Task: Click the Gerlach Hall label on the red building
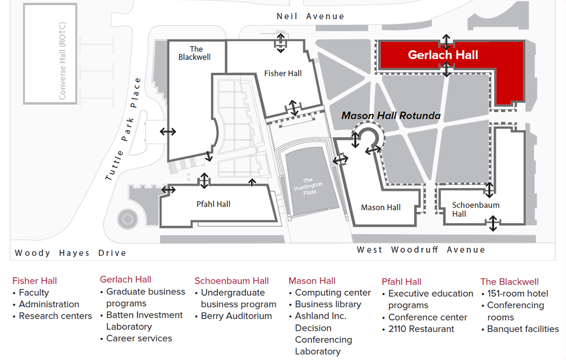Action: [443, 55]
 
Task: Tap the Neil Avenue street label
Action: [310, 16]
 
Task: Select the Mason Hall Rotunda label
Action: [391, 116]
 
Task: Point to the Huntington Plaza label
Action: [308, 185]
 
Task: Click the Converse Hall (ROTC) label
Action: [63, 61]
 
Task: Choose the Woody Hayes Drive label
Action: [70, 253]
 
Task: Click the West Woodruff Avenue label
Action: [420, 250]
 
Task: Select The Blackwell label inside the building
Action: [194, 53]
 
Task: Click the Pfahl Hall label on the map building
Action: [214, 204]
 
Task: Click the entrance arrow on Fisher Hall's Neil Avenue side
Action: [280, 42]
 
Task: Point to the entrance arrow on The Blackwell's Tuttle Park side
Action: [167, 132]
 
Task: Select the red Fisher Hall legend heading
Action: [35, 281]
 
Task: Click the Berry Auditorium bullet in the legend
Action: [236, 315]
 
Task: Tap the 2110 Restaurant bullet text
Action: [421, 329]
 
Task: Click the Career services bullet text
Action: [139, 338]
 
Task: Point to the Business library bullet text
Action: [328, 304]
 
